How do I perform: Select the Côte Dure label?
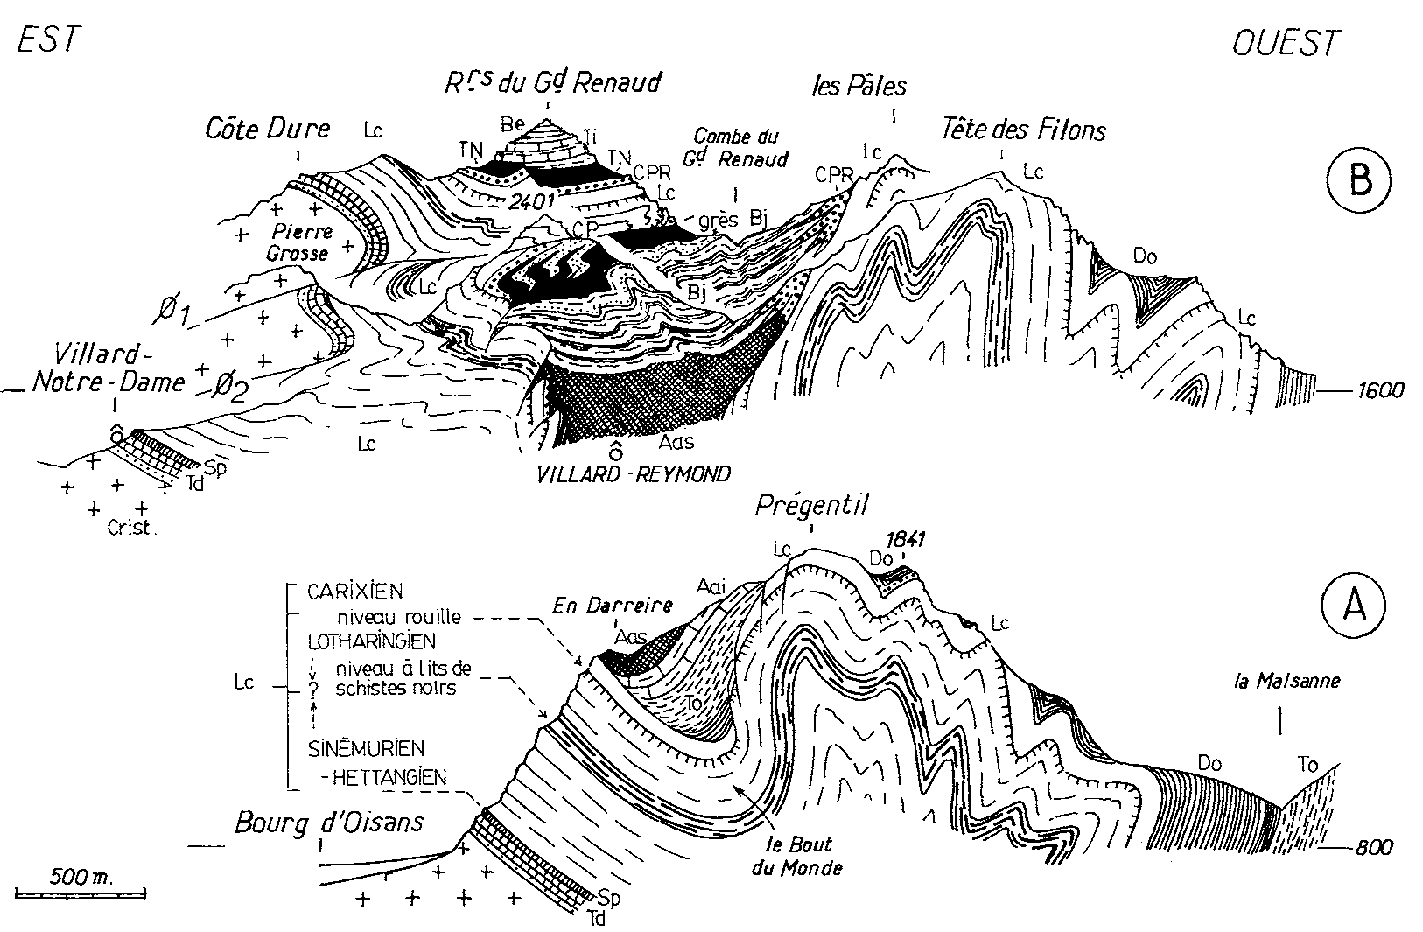click(268, 130)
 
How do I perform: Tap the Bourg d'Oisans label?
click(329, 822)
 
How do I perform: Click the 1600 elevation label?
click(1380, 389)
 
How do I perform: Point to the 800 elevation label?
click(1373, 847)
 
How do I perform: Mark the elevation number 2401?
click(532, 200)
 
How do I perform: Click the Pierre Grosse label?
click(302, 242)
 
